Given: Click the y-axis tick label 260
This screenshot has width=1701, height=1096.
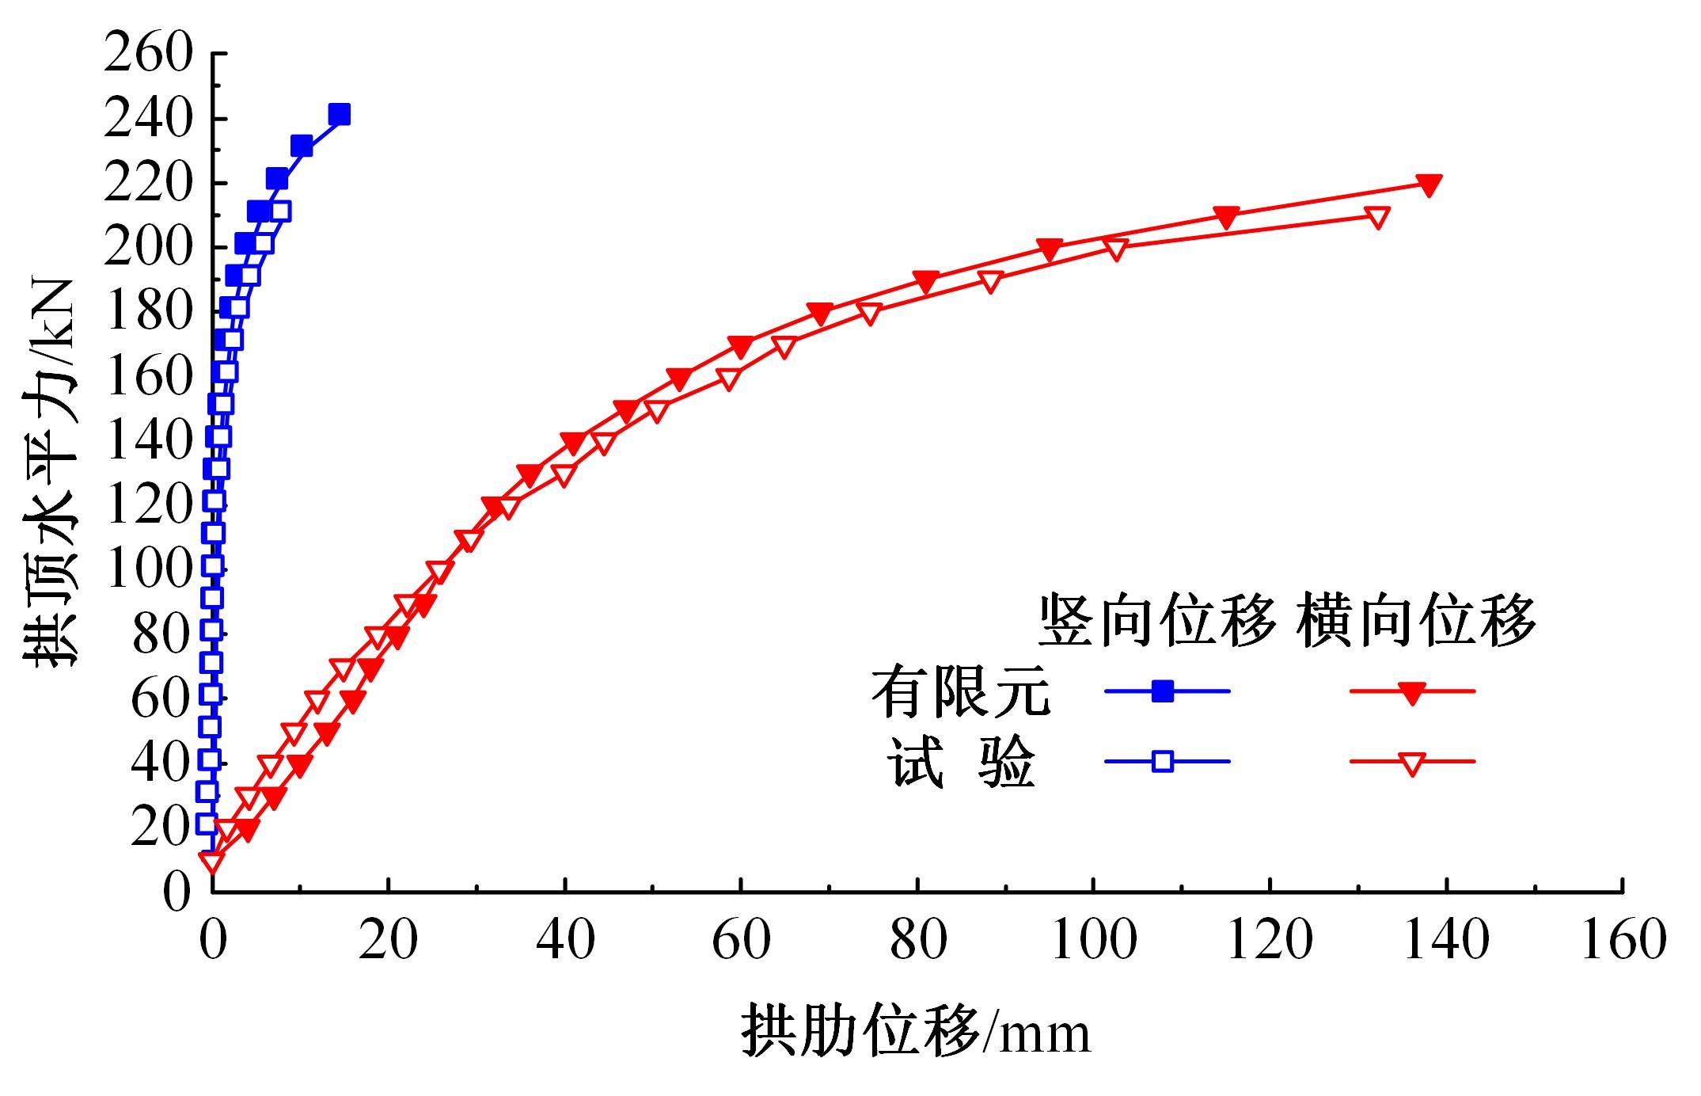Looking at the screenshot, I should [x=148, y=55].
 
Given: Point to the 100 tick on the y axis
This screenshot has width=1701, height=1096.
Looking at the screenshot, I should [x=148, y=569].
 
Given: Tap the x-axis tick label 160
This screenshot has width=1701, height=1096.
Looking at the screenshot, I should [x=1623, y=940].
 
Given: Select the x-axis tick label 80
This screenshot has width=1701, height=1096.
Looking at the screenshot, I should [x=917, y=940].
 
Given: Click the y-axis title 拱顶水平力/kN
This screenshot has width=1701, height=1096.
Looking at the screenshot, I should [x=52, y=474].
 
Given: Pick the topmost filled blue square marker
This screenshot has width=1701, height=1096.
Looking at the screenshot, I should [x=339, y=115].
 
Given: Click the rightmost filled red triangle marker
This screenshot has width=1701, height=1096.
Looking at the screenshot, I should [x=1429, y=185].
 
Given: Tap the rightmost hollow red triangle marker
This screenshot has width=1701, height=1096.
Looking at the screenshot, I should [x=1377, y=217].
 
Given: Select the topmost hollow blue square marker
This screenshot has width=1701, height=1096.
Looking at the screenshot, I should [x=280, y=211].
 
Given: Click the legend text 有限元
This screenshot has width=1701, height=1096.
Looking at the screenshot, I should [x=960, y=691].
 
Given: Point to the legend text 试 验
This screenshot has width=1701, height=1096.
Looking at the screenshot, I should [x=960, y=763].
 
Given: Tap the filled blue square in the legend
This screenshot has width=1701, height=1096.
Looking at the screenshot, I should [x=1163, y=691].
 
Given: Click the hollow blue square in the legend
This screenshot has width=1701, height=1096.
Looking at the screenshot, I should [x=1163, y=762].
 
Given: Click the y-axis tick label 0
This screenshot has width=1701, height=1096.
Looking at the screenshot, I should [x=178, y=892].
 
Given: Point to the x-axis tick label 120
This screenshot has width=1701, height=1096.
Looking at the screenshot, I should [x=1270, y=940].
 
